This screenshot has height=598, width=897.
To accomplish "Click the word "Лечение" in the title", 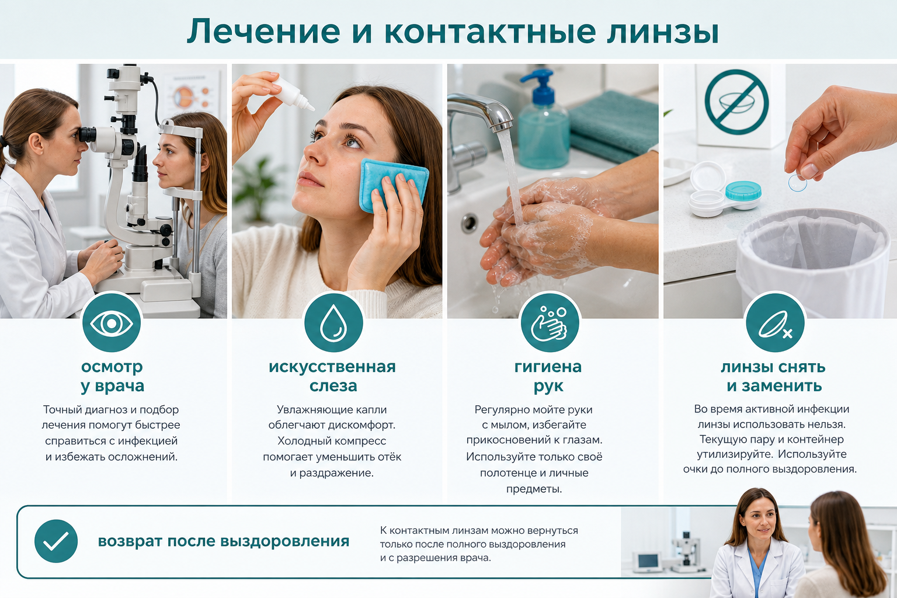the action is pyautogui.click(x=263, y=32).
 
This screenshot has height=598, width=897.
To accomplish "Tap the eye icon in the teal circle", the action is pyautogui.click(x=112, y=323).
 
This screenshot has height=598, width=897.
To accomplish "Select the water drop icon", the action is pyautogui.click(x=333, y=323).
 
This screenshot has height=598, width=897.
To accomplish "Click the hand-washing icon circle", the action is pyautogui.click(x=550, y=323).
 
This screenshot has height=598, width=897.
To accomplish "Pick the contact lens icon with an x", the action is pyautogui.click(x=776, y=323).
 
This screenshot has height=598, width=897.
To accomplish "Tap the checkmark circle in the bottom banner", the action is pyautogui.click(x=56, y=541).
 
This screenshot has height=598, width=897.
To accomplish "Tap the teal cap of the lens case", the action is pyautogui.click(x=743, y=190).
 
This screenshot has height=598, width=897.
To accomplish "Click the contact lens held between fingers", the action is pyautogui.click(x=798, y=183).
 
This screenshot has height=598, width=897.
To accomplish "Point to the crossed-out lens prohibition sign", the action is pyautogui.click(x=736, y=102).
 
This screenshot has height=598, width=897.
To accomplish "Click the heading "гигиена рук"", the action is pyautogui.click(x=548, y=376).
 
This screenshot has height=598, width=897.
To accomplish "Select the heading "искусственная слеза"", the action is pyautogui.click(x=332, y=376).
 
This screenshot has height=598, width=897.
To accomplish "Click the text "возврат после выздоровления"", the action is pyautogui.click(x=224, y=541).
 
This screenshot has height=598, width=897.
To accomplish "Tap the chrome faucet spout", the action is pyautogui.click(x=481, y=110).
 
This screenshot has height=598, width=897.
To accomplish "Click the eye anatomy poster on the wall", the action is pyautogui.click(x=192, y=96).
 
